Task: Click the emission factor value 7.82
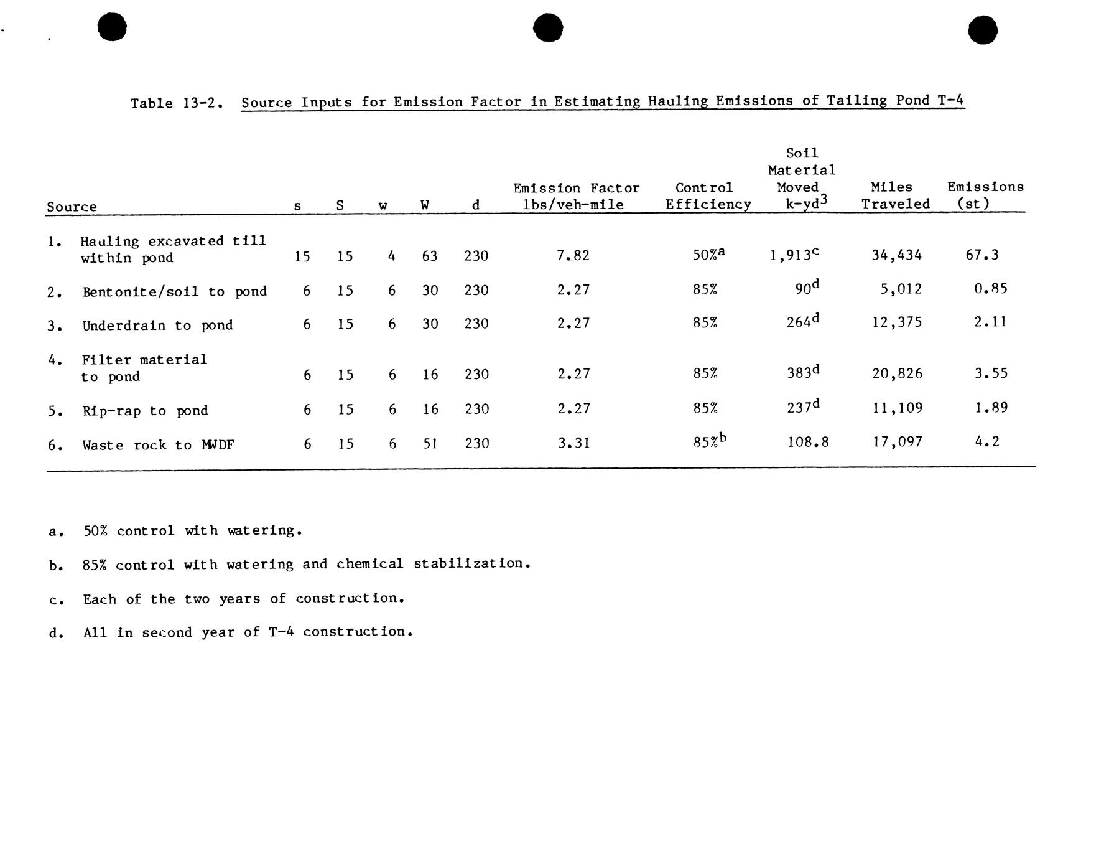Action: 573,255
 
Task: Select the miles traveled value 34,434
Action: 896,255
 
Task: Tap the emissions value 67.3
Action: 981,255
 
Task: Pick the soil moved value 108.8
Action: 807,443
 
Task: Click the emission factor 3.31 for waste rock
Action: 573,443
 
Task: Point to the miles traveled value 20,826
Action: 897,373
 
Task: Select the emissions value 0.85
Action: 990,289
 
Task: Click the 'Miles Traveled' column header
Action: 895,195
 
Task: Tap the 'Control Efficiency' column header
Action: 707,196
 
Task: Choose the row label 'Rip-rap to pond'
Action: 145,411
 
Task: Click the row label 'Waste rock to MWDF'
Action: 158,445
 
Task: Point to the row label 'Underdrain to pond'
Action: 157,326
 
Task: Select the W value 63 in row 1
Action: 429,256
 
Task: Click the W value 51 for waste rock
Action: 430,444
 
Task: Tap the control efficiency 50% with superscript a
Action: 708,255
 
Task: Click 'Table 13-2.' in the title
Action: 176,103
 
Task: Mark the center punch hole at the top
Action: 548,28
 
